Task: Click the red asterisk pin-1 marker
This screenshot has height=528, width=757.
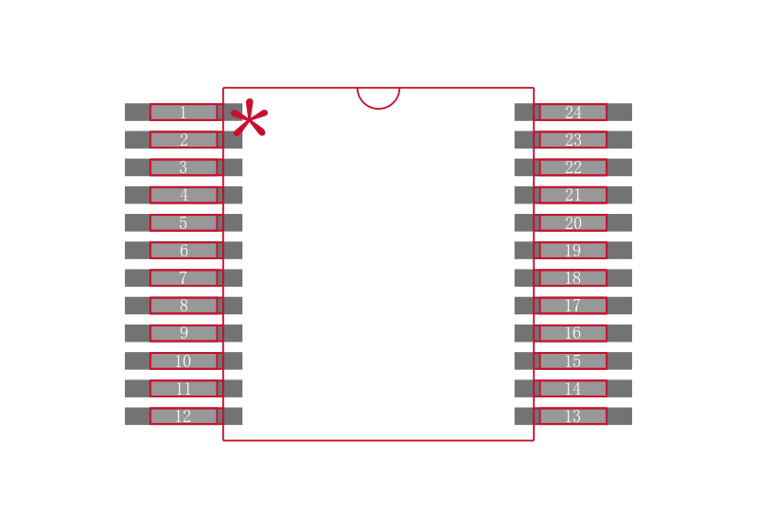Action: (249, 117)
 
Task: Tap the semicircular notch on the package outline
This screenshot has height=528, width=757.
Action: (378, 98)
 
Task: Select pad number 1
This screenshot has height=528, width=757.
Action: (184, 112)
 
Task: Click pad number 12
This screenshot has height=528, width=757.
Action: (184, 416)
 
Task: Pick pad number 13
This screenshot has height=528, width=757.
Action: (573, 416)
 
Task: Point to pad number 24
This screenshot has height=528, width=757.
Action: (573, 112)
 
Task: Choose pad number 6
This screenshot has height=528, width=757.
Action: (184, 251)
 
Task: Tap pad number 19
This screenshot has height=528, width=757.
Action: (573, 251)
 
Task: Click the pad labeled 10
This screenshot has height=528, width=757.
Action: (184, 361)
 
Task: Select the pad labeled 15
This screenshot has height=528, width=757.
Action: (573, 361)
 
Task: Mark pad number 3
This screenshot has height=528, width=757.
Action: (184, 167)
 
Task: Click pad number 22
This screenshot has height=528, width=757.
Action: (573, 167)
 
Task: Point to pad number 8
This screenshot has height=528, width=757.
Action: (184, 306)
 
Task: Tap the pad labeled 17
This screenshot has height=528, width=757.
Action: (573, 306)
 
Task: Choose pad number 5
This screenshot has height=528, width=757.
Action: (184, 223)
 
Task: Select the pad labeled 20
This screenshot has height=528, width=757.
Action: (573, 223)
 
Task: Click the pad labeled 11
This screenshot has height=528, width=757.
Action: (184, 389)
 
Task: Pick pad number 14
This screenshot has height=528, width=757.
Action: (573, 389)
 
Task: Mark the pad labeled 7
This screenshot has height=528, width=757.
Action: (184, 278)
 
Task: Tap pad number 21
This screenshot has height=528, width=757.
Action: (573, 195)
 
